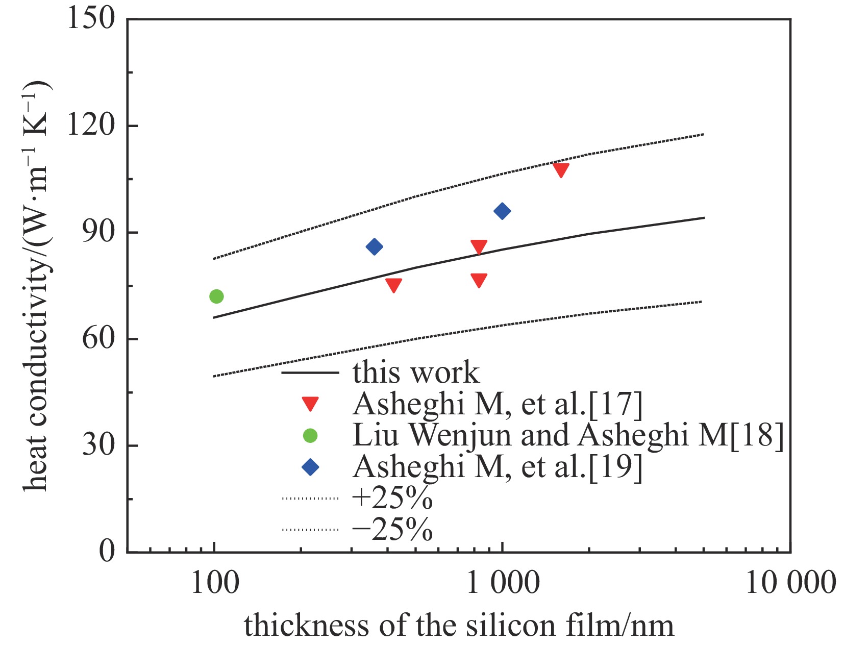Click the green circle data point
tap(216, 296)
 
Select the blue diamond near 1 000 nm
tap(502, 211)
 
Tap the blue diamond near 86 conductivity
tap(374, 247)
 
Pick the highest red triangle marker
tap(561, 170)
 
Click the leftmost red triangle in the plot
tap(393, 285)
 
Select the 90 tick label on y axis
tap(98, 232)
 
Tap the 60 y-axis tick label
tap(98, 338)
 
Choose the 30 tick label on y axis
tap(98, 445)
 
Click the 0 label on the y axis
tap(107, 551)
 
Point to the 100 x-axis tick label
tap(215, 583)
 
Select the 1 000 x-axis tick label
tap(503, 583)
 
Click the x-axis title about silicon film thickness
tap(459, 626)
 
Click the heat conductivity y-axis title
tap(37, 286)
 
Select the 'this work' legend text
tap(416, 372)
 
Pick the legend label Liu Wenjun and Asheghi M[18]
tap(568, 435)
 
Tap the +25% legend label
tap(392, 498)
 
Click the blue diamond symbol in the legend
tap(310, 467)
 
